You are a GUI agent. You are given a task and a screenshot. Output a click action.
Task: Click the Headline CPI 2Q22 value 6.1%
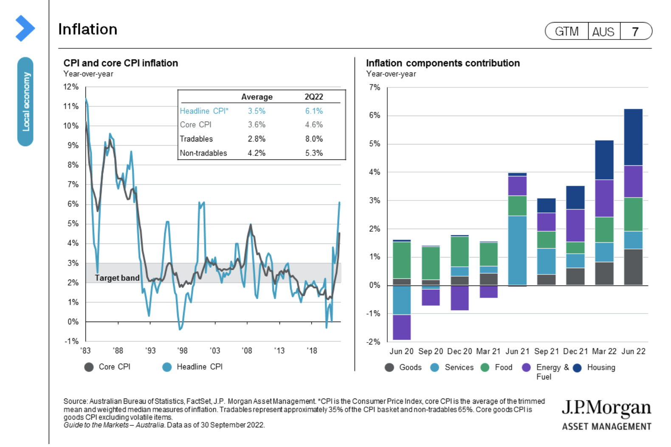click(314, 111)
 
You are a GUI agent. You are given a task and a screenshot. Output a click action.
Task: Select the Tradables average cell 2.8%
click(257, 139)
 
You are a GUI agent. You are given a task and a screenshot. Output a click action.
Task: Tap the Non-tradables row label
click(203, 153)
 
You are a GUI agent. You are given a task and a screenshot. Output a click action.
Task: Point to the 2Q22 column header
click(314, 97)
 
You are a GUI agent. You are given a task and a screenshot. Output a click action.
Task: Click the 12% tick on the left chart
click(71, 87)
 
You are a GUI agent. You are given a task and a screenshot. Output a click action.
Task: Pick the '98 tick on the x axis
click(183, 351)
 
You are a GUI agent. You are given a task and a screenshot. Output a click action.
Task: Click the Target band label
click(117, 278)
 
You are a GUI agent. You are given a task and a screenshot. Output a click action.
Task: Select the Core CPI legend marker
click(89, 367)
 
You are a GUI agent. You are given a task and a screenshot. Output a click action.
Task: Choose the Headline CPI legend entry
click(199, 367)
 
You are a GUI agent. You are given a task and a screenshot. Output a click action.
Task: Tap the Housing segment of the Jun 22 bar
click(633, 137)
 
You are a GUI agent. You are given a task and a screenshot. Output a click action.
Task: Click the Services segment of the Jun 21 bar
click(517, 250)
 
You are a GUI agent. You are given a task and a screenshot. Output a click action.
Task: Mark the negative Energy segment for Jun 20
click(402, 327)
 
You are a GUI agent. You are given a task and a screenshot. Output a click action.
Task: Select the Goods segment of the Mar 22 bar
click(604, 273)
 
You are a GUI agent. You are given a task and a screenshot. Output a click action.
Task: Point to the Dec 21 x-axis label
click(575, 351)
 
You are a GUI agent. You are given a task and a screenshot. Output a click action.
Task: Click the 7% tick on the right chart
click(375, 88)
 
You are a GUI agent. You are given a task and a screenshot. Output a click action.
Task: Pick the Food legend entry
click(503, 368)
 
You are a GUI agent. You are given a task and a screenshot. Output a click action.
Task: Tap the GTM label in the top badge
click(567, 31)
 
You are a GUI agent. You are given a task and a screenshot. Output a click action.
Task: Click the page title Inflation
click(88, 29)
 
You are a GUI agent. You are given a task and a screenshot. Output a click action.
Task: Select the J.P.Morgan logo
click(606, 414)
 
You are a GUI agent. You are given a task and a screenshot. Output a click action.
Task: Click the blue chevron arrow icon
click(25, 28)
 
